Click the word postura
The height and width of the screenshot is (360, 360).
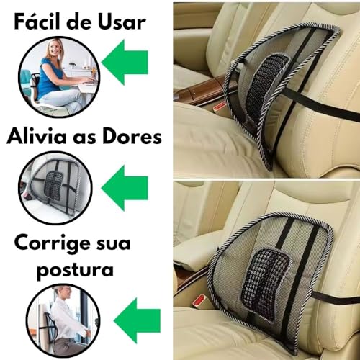tap(75, 270)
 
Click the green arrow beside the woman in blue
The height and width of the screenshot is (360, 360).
tap(125, 62)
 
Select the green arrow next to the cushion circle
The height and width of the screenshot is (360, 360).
tap(125, 188)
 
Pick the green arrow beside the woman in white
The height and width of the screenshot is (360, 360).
tap(137, 320)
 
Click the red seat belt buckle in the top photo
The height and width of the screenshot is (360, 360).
tap(220, 107)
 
